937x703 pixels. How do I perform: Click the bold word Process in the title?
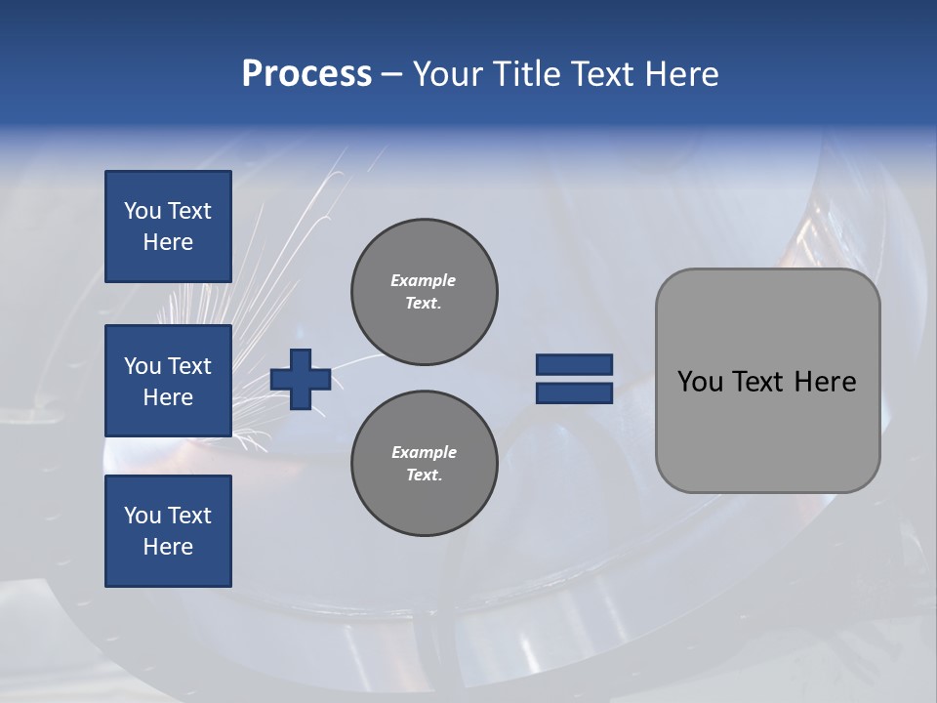306,74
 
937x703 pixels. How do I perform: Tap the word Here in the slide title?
680,74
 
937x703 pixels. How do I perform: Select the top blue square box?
168,227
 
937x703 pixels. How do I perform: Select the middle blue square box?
168,381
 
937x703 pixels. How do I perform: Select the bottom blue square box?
168,531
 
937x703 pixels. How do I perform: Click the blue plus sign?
301,379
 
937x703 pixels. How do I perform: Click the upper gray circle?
425,292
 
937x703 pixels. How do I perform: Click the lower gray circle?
425,464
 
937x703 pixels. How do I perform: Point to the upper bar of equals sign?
574,365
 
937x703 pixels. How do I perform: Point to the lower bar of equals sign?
574,393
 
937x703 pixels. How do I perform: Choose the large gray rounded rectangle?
767,430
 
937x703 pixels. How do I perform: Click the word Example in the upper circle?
424,280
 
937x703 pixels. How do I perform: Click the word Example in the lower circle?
424,452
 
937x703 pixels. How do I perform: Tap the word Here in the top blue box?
168,242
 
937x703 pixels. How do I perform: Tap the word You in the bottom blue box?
143,516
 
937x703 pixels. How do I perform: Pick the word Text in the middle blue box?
189,366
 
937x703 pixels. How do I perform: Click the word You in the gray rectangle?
700,382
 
